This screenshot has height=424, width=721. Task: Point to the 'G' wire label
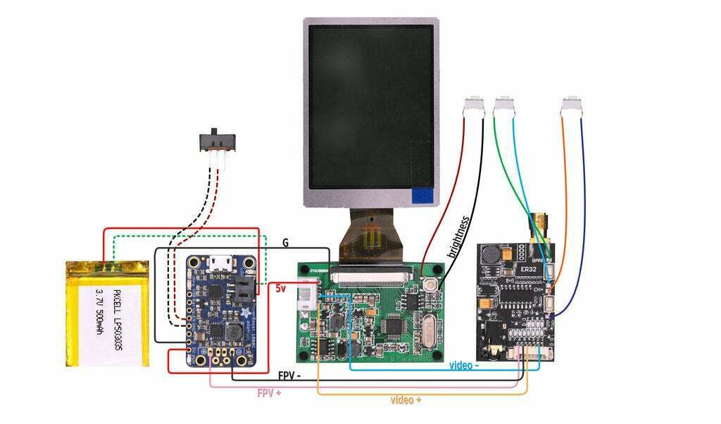point(285,242)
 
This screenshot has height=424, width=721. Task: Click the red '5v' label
point(281,289)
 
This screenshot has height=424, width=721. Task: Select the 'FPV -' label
point(289,376)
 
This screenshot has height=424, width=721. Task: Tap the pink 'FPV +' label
point(269,392)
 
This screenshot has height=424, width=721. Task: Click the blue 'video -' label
point(464,366)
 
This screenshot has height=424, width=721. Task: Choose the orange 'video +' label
point(406,400)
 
